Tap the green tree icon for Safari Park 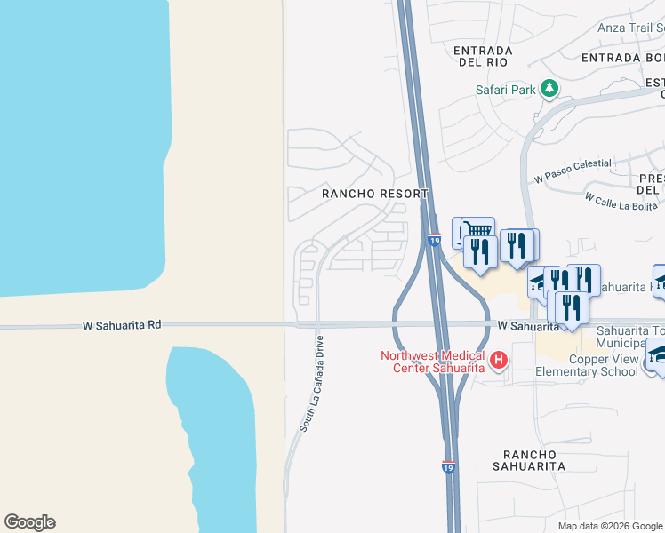tap(550, 87)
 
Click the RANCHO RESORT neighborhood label tap(375, 194)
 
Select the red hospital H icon tap(499, 360)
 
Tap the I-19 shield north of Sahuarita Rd tap(434, 240)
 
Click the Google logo tap(29, 522)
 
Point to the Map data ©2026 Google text tap(610, 526)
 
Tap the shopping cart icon tap(479, 230)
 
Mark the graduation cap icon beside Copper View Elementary tap(659, 353)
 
